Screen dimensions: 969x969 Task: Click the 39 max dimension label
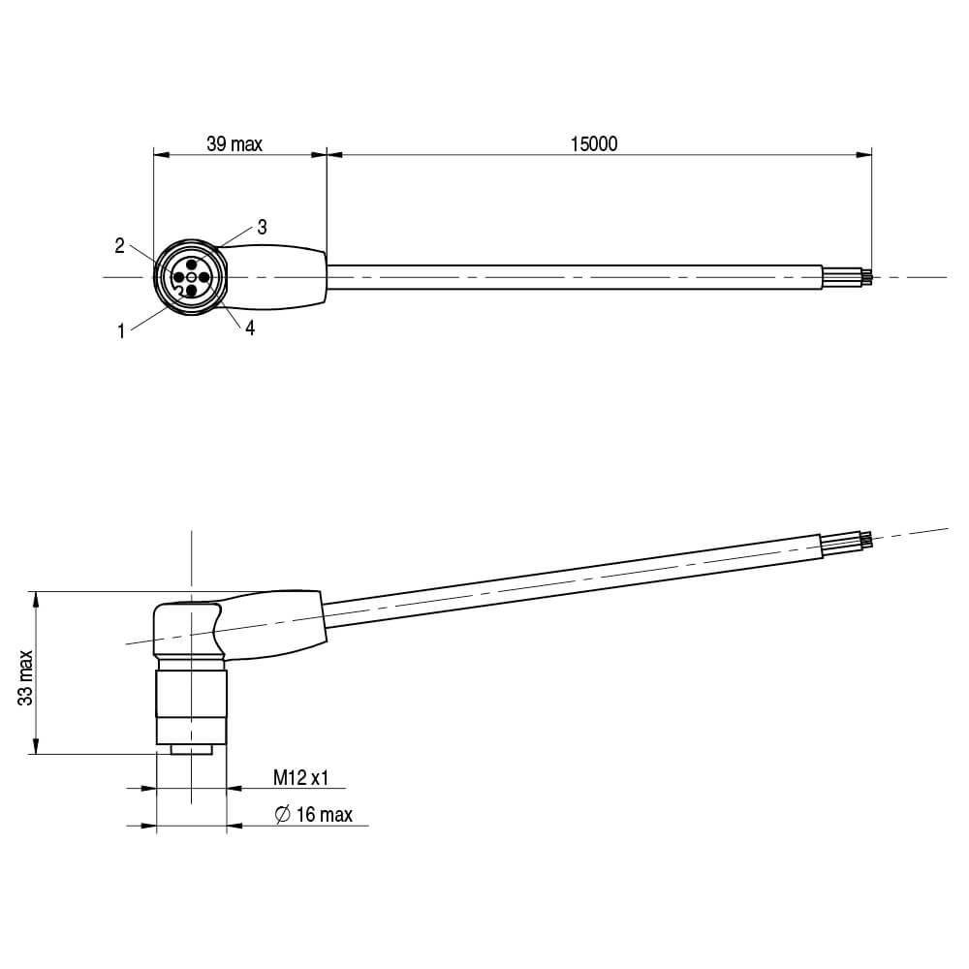234,144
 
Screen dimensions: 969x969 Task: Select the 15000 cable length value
594,144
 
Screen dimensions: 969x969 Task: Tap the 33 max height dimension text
26,677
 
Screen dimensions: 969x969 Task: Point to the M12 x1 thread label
300,777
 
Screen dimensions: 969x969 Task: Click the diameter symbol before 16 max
282,815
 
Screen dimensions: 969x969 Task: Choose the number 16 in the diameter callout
306,815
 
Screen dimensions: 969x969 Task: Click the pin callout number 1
121,331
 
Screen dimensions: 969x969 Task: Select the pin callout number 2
120,246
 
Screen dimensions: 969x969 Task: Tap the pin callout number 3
262,228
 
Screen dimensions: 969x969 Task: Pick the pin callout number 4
250,328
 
